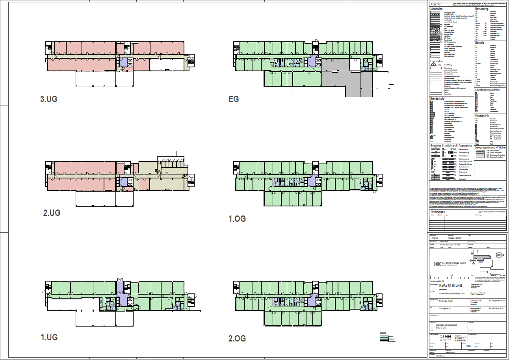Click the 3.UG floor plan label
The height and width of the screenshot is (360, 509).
(x=49, y=99)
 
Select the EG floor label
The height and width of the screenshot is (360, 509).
(x=233, y=99)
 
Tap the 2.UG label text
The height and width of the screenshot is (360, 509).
(x=52, y=213)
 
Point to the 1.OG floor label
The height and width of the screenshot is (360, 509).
(x=237, y=219)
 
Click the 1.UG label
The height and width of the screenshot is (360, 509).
(x=49, y=337)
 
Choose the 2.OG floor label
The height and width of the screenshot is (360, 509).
(x=237, y=338)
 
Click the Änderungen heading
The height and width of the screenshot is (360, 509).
(x=439, y=212)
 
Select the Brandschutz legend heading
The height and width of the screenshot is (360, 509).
(x=438, y=98)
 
